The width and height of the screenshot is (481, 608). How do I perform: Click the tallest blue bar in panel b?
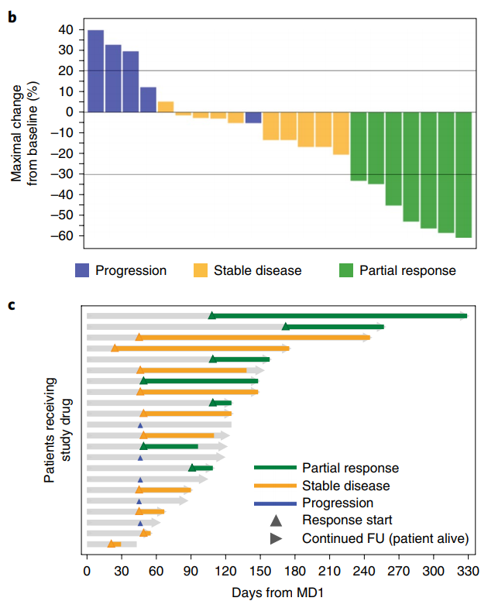95,70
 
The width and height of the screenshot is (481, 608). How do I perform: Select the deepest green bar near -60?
463,174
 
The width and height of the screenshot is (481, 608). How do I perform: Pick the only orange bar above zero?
166,107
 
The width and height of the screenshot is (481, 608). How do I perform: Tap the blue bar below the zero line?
253,117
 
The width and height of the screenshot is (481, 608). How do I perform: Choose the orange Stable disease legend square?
200,270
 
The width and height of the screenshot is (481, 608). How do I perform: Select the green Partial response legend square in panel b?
346,270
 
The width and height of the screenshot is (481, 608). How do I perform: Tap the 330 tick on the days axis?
467,572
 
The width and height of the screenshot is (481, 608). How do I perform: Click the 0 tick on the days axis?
87,572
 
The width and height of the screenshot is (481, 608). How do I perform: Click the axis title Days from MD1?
276,593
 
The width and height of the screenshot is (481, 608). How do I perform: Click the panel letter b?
12,13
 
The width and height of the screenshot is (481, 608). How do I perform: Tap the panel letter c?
11,304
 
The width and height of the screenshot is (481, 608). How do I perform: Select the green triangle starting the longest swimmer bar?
211,315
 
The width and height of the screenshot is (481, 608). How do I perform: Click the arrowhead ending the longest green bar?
463,316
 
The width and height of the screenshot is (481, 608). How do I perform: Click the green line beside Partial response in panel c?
275,468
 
